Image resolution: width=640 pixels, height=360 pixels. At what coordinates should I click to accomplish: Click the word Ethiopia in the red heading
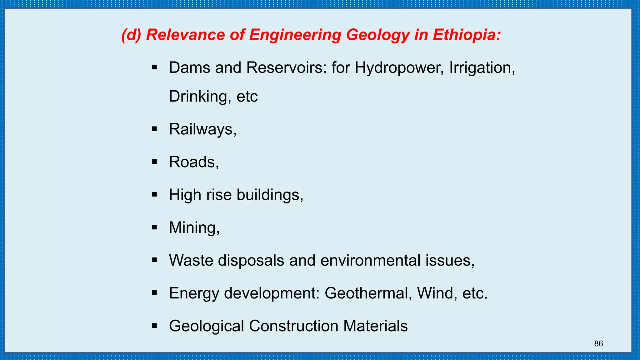(x=467, y=35)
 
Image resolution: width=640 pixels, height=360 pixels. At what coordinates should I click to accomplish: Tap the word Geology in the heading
(x=378, y=35)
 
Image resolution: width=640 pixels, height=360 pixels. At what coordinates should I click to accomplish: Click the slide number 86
(x=598, y=344)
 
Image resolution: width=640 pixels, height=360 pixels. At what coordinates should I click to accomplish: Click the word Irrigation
(x=482, y=68)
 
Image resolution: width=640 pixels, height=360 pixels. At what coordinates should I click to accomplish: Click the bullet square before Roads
(x=154, y=162)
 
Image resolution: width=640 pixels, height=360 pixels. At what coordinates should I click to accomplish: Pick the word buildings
(x=270, y=195)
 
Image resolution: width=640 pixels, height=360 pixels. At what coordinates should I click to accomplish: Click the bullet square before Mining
(x=154, y=227)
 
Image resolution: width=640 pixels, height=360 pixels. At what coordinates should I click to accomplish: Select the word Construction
(x=293, y=326)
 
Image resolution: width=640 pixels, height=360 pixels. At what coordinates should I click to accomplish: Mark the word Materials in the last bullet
(x=375, y=326)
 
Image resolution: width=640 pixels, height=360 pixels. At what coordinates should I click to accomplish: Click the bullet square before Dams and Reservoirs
(x=154, y=67)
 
